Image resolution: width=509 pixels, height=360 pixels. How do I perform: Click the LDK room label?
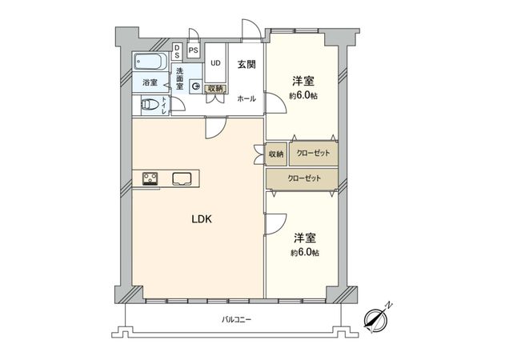point(200,218)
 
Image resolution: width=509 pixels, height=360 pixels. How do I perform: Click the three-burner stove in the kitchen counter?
point(152,178)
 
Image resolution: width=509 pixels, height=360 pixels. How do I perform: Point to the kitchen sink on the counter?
point(182,178)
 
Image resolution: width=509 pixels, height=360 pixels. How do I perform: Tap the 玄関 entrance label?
point(246,66)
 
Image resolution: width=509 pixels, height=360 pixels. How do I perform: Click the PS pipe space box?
point(193,50)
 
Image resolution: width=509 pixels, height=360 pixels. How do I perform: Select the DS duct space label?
point(177,52)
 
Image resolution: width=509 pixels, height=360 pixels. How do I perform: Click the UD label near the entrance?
point(215,62)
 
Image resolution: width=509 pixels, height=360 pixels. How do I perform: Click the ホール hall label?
point(246,98)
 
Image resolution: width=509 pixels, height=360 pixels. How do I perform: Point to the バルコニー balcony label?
point(236,319)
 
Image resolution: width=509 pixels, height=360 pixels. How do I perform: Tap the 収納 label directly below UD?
point(215,88)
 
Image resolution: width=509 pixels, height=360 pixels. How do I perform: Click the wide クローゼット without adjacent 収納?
point(303,178)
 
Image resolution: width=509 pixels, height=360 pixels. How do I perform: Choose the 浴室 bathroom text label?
point(149,82)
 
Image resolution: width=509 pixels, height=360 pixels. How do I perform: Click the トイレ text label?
point(165,105)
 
